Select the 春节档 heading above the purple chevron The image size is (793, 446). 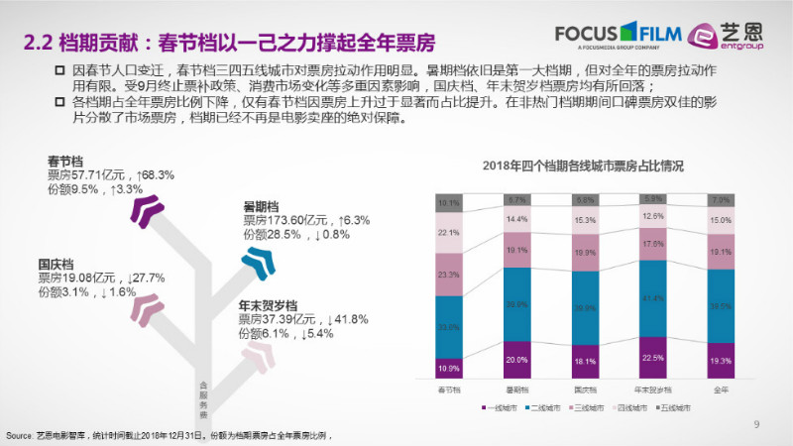(66, 161)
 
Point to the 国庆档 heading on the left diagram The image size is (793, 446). (57, 266)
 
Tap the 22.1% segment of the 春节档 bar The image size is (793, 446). (449, 233)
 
